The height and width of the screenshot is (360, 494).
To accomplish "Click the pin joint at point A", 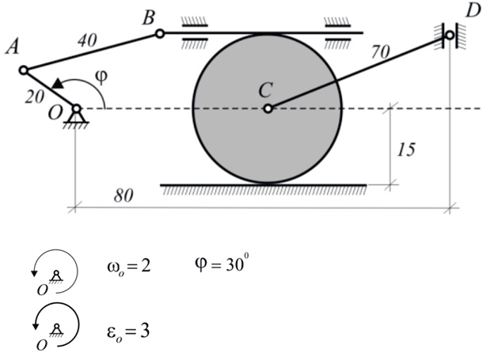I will [24, 70].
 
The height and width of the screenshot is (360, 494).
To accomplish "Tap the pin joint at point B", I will [159, 33].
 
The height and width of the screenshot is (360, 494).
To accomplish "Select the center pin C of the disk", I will [268, 108].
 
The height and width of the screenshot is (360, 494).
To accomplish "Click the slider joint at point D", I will [450, 35].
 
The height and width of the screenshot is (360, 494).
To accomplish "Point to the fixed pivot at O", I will [77, 108].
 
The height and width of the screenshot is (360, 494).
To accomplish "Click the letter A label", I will [12, 47].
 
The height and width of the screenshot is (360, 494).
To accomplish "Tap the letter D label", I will [473, 12].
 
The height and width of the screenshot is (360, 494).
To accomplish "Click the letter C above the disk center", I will [267, 90].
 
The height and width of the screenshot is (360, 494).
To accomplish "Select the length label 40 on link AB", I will [88, 36].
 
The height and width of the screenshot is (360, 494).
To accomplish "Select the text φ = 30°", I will [222, 262].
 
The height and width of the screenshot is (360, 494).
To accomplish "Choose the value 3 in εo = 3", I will [146, 328].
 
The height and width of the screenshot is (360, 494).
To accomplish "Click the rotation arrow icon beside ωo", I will [56, 272].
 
